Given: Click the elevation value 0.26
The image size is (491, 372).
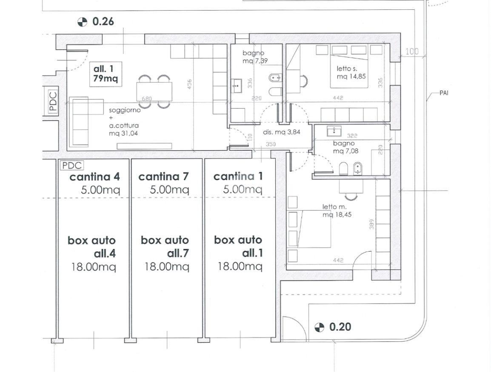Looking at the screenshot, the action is pos(103,21).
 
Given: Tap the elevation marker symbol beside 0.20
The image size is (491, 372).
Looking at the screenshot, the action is pos(319,327).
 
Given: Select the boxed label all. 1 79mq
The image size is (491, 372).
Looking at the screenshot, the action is pos(106,74).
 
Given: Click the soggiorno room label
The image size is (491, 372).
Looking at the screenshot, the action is pos(125,110).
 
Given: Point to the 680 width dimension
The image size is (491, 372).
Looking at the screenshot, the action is pos(146,99).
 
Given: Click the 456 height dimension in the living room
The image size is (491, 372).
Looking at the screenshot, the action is pos(189,84).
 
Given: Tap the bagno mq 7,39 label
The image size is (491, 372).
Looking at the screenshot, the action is pos(255,57).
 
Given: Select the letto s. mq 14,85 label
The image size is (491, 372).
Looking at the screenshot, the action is pos(351,72).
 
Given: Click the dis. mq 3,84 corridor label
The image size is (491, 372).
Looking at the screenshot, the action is pos(282,132).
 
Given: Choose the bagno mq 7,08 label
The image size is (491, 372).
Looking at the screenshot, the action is pos(346,147).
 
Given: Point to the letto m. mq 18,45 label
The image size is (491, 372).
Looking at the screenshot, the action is pos(337,211).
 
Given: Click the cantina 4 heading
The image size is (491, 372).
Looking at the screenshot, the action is pos(94,177).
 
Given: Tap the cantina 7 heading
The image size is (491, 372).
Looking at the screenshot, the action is pos(163,177).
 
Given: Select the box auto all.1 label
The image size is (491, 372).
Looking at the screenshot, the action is pos(238,246).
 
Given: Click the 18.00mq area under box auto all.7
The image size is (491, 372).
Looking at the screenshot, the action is pos(167,266).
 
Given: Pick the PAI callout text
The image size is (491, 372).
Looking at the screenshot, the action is pos(444,93).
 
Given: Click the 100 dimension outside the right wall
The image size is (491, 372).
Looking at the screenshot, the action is pos(412,52).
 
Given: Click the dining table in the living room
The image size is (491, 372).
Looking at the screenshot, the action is pos(154,92).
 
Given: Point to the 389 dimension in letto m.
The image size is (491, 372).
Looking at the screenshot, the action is pos(372,224).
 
